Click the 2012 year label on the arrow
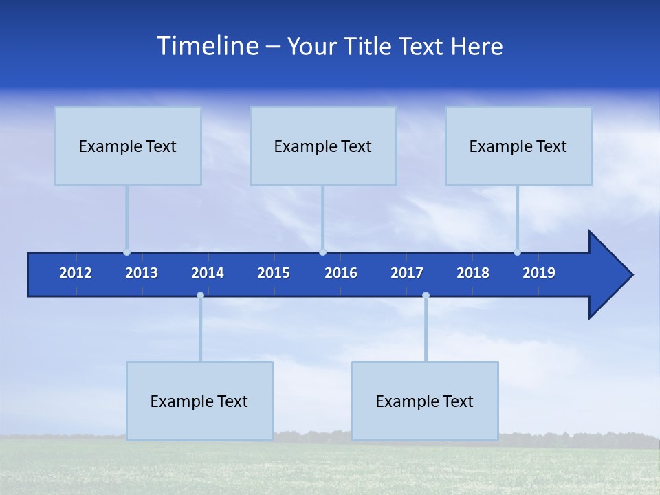coord(76,273)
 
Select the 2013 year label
coord(142,273)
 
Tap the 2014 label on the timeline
coord(208,273)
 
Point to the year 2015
coord(274,273)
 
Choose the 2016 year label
coord(341,273)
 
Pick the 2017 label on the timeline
coord(407,273)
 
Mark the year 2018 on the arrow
coord(473,273)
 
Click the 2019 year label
coord(539,273)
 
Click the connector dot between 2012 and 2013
coord(126,252)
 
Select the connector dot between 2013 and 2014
coord(200,295)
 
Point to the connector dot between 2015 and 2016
coord(322,252)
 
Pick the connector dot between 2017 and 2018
coord(426,295)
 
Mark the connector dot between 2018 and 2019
coord(517,252)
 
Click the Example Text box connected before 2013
coord(128,146)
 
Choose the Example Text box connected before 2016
coord(323,146)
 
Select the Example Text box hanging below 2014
coord(199,401)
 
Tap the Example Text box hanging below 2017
coord(425,401)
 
